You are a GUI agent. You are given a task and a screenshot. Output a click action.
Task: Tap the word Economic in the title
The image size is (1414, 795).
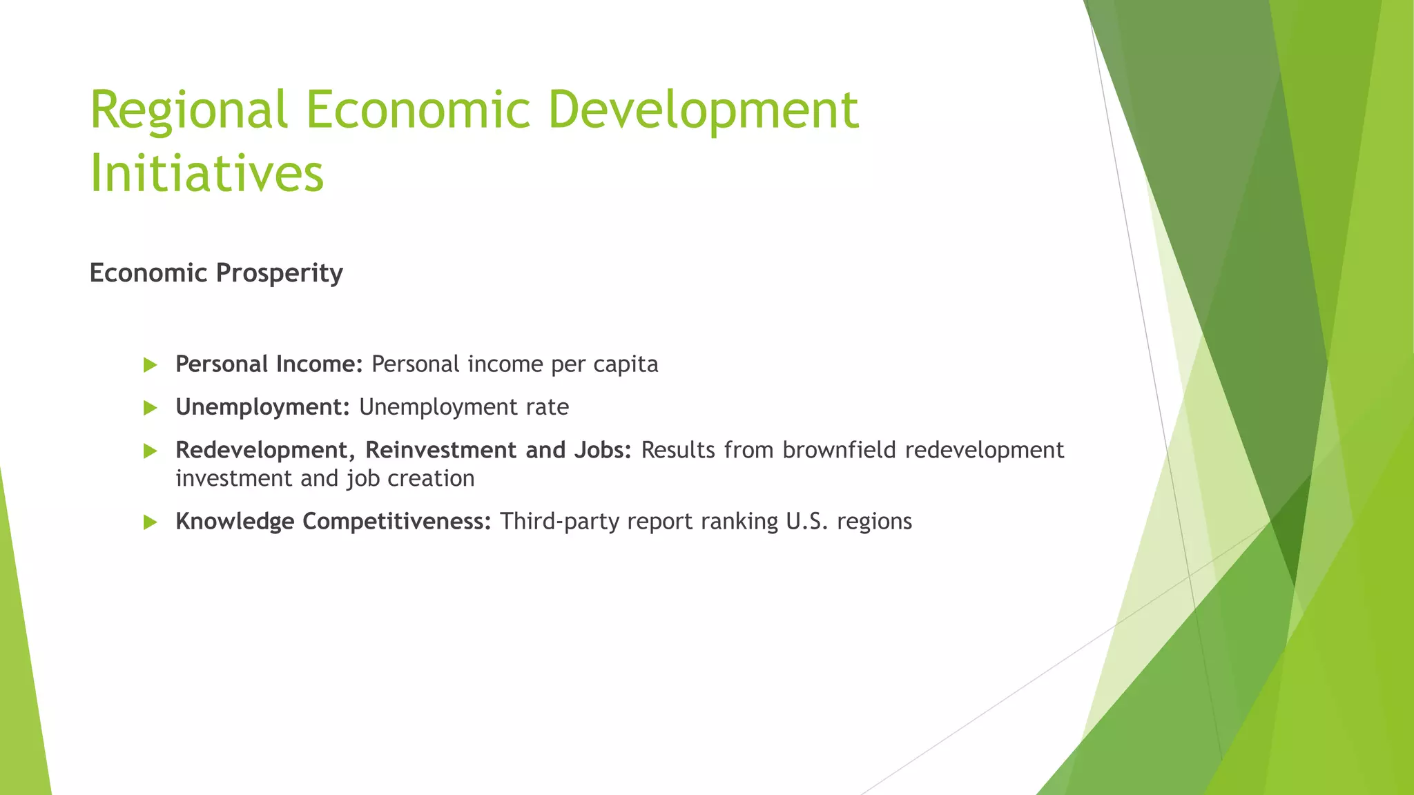(418, 110)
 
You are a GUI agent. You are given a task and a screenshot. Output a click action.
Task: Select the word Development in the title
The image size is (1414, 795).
(703, 110)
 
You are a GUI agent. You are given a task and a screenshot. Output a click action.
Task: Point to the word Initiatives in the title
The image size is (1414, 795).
(206, 173)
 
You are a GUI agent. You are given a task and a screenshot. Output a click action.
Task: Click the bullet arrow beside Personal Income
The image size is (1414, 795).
(151, 365)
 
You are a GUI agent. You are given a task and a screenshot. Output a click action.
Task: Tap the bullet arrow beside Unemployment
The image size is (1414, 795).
(151, 408)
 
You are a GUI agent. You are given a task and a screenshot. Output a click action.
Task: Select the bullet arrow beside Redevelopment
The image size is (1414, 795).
(151, 451)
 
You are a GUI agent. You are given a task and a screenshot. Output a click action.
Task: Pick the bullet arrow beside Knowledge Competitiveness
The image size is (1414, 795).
(151, 522)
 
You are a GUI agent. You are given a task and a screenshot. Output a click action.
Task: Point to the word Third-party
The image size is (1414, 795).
(559, 522)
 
